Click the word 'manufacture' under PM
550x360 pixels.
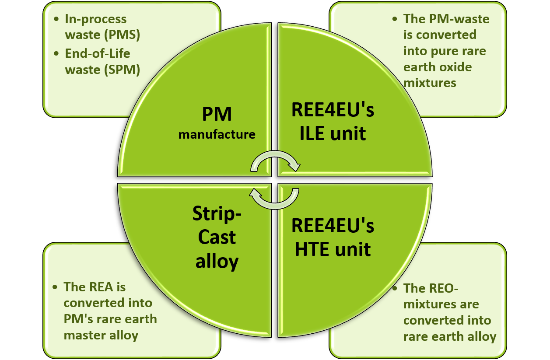217,134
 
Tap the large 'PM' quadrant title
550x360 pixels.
217,115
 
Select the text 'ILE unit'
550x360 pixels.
333,133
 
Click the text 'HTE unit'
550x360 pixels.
333,249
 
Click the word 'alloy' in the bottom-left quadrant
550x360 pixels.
217,262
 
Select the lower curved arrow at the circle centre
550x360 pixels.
274,197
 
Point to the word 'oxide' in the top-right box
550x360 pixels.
456,67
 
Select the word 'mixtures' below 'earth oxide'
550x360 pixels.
430,82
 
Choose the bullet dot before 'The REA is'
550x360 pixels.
55,287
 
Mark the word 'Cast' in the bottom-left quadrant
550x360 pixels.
217,238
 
